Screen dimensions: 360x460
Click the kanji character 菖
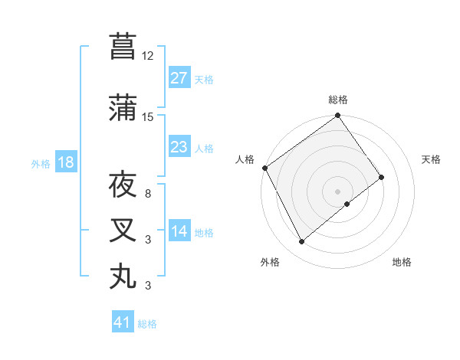tap(123, 47)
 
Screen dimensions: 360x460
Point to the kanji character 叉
tap(123, 231)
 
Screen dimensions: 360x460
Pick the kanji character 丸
tap(123, 277)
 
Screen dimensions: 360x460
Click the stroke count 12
tap(148, 56)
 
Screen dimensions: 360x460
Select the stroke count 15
tap(148, 117)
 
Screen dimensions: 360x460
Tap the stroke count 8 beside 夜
tap(148, 194)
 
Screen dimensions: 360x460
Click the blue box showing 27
tap(179, 78)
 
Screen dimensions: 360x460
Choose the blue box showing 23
tap(179, 147)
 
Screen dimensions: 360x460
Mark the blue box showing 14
tap(179, 231)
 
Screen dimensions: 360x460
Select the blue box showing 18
tap(65, 162)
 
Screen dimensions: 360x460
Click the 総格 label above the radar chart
tap(337, 100)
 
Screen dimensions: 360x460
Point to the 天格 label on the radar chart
tap(431, 159)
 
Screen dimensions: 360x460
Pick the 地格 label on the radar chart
tap(402, 262)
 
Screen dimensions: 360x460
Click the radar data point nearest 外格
tap(301, 242)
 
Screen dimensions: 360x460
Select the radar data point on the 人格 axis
tap(264, 168)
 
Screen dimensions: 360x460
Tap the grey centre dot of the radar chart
tap(337, 190)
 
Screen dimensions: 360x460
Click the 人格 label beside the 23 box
tap(204, 148)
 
